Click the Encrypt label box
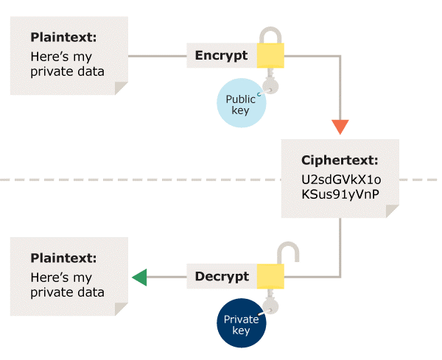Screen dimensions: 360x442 pos(221,55)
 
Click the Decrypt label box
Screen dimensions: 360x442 pos(222,277)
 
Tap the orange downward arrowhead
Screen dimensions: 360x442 pos(340,126)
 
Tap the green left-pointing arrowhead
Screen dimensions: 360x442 pos(139,277)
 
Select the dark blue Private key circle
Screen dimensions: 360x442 pos(240,325)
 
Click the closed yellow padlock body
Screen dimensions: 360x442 pos(270,54)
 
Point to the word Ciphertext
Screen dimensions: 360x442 pos(340,160)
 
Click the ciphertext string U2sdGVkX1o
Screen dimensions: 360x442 pos(340,179)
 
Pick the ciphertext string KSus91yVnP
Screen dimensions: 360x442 pos(340,196)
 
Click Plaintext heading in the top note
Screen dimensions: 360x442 pos(63,37)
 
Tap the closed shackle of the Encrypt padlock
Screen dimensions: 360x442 pos(270,35)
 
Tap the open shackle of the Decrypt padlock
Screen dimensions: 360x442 pos(287,255)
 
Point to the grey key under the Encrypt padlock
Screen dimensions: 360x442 pos(271,81)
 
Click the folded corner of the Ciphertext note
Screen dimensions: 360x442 pos(393,211)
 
